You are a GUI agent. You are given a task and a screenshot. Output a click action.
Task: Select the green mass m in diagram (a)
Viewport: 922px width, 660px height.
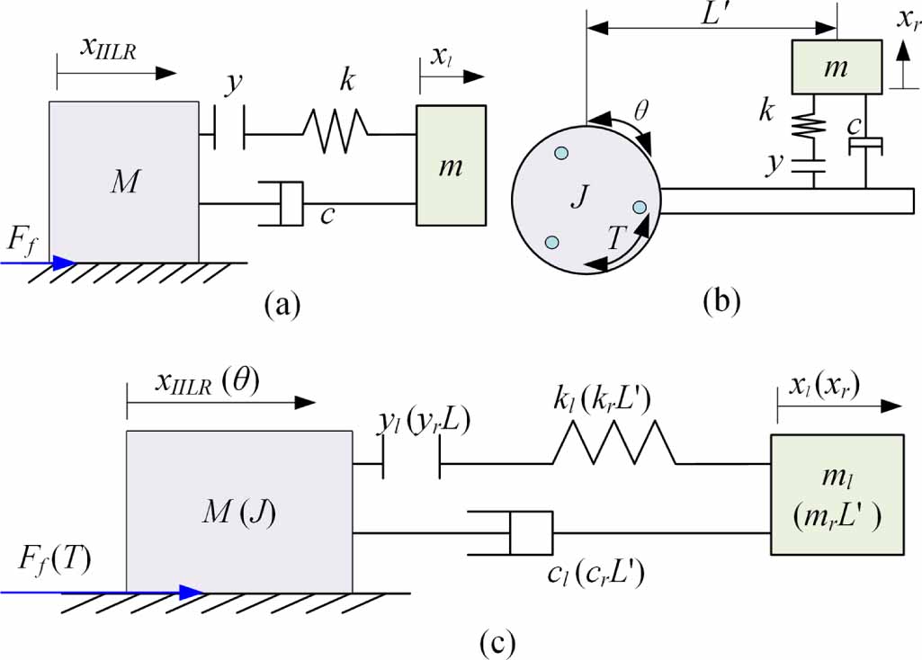coord(452,165)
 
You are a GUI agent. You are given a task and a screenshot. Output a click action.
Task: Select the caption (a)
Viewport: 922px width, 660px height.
coord(282,305)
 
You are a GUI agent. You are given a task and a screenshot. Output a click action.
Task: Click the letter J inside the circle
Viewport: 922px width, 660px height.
coord(578,199)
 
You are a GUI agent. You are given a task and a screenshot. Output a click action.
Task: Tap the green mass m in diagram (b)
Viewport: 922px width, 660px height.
coord(836,67)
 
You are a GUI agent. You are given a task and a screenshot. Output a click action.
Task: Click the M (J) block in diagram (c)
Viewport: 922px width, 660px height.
coord(238,511)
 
